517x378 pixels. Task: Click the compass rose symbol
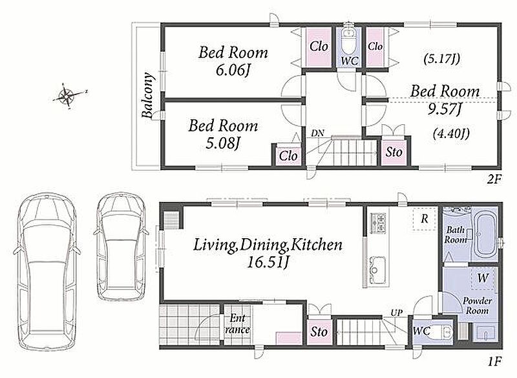tap(69, 95)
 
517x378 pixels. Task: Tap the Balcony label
tap(148, 95)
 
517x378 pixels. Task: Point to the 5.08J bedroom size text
tap(222, 143)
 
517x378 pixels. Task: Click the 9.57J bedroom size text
tap(444, 109)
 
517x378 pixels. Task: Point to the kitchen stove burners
tap(379, 223)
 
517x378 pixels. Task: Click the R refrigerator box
tap(425, 219)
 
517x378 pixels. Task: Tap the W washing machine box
tap(483, 278)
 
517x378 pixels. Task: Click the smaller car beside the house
tap(121, 246)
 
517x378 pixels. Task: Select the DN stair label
tap(317, 133)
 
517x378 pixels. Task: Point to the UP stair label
tap(396, 313)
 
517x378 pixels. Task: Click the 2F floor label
tap(494, 179)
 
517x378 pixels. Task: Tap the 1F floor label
tap(494, 361)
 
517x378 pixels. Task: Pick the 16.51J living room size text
tap(268, 262)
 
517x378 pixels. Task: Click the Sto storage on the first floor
tap(319, 332)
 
